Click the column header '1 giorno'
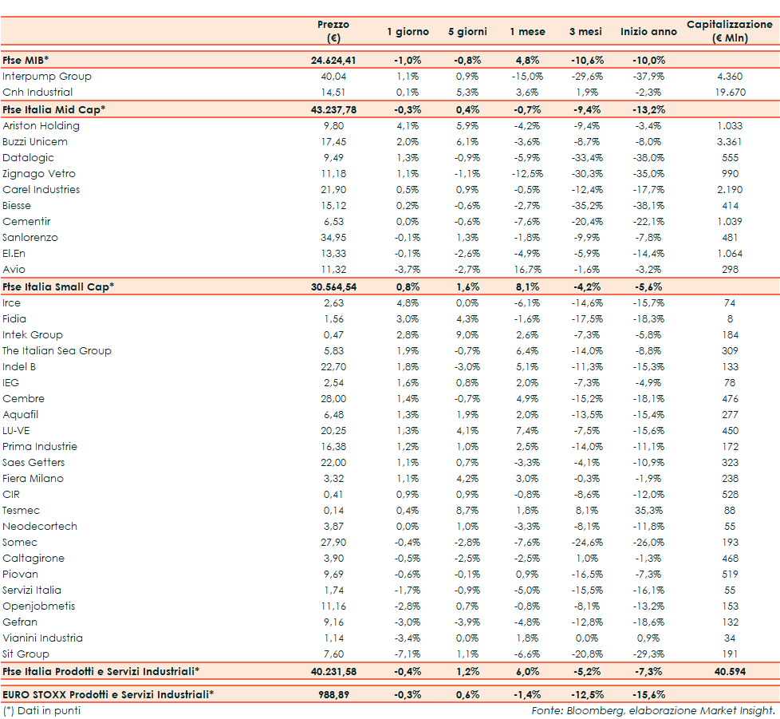(x=408, y=32)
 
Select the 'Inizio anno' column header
(x=648, y=32)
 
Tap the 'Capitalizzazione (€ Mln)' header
(x=729, y=32)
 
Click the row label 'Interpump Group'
(x=47, y=77)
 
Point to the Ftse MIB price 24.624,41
(x=333, y=60)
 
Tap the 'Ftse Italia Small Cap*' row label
(x=58, y=286)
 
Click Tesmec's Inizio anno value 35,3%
(x=648, y=511)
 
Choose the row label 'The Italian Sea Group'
(x=57, y=351)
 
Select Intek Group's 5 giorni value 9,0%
(x=467, y=335)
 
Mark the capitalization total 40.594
(x=730, y=671)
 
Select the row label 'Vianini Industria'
(x=42, y=638)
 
